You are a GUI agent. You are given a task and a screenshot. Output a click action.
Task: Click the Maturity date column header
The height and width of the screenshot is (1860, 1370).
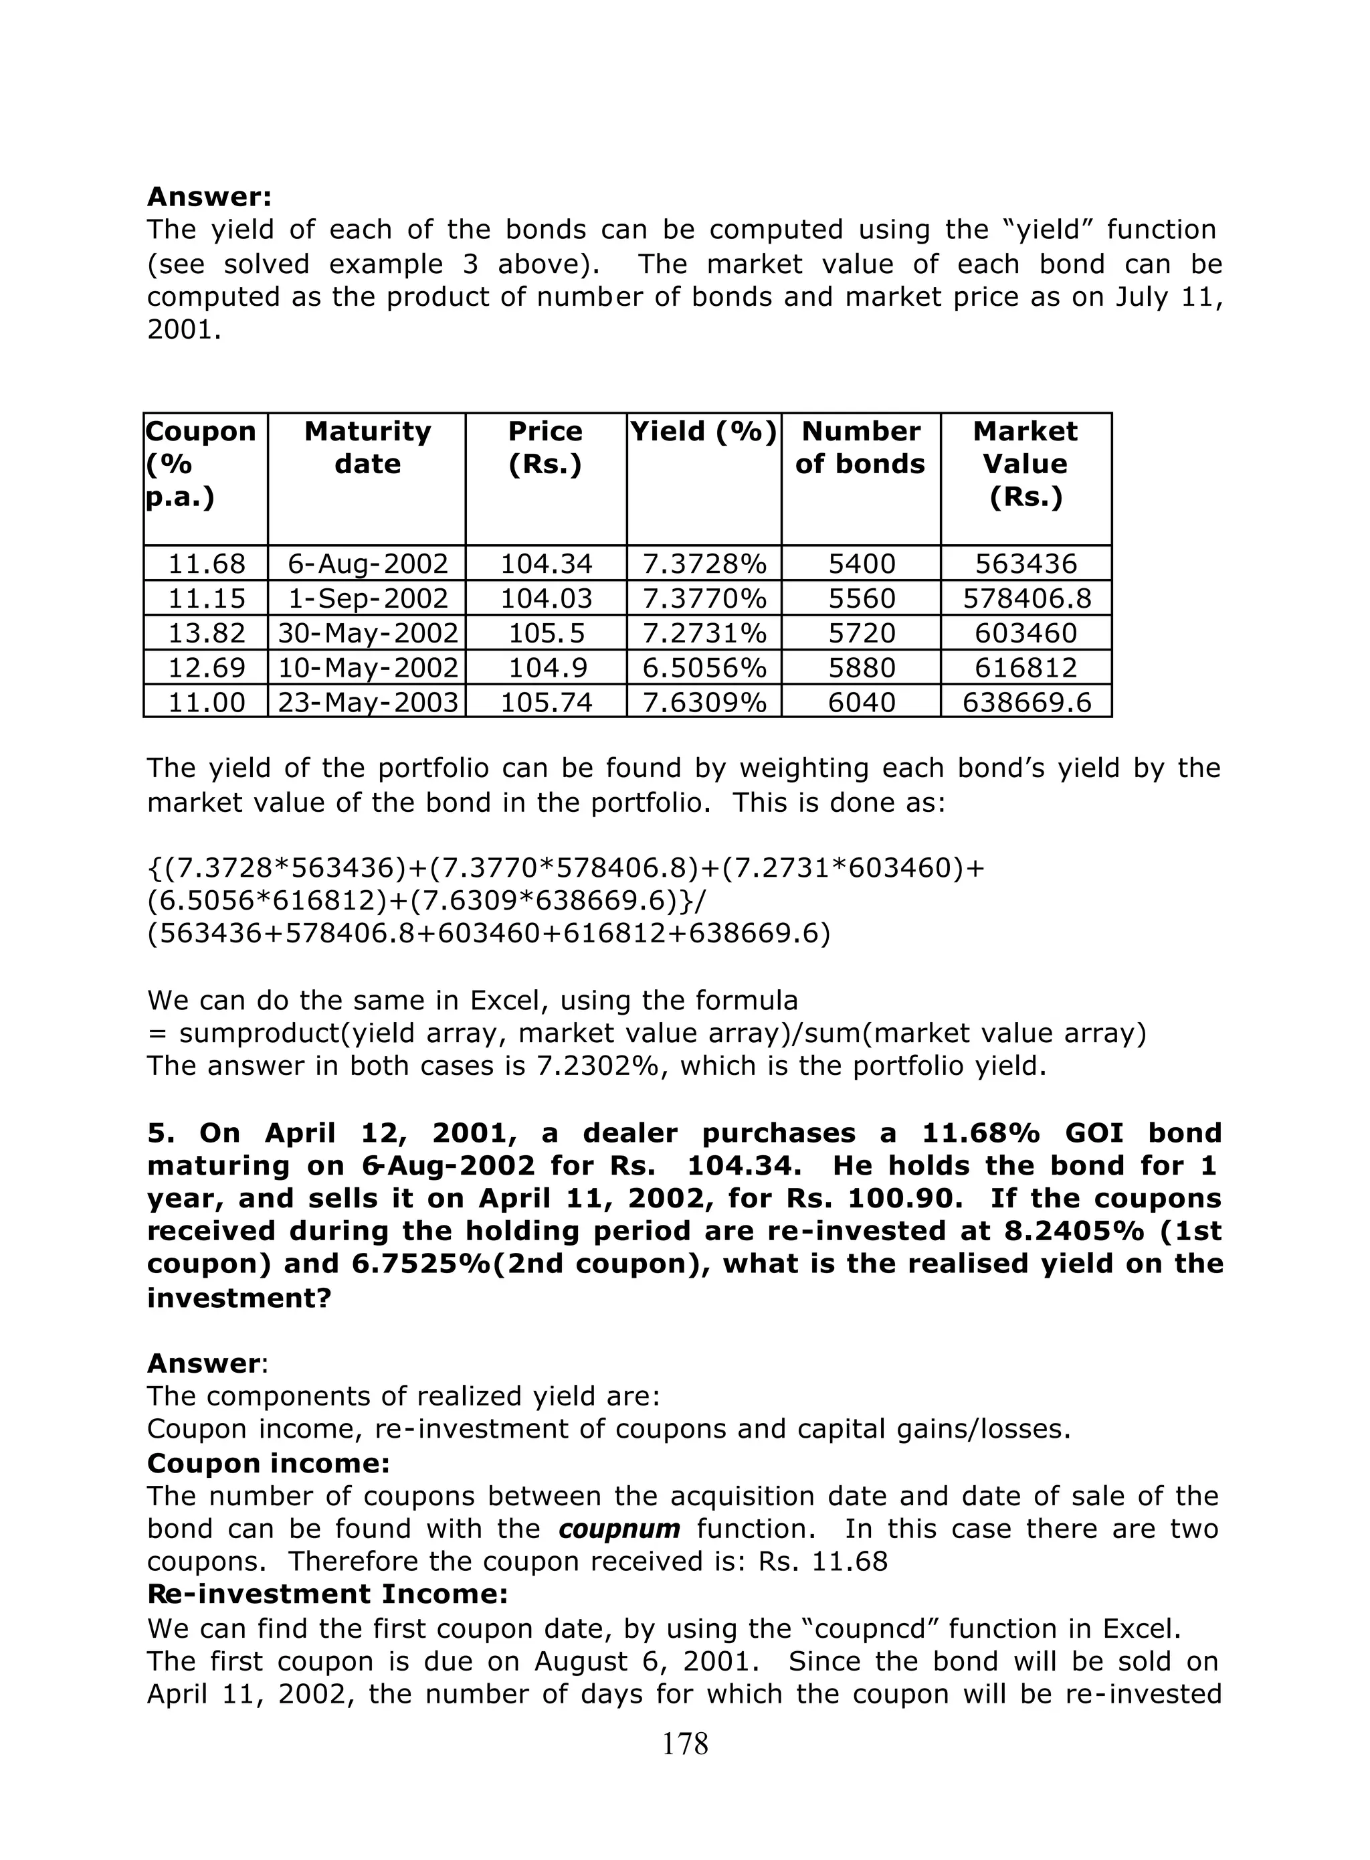[367, 447]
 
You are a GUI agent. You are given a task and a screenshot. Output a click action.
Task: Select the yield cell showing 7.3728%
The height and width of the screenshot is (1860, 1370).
[704, 564]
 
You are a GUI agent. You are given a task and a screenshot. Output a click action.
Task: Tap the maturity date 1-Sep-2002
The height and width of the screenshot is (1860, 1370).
[367, 598]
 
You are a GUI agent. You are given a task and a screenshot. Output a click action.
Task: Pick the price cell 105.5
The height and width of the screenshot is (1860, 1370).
[546, 633]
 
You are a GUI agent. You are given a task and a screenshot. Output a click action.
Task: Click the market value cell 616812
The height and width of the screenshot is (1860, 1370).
[1026, 668]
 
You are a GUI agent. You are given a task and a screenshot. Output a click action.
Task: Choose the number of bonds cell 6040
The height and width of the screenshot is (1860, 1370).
[862, 703]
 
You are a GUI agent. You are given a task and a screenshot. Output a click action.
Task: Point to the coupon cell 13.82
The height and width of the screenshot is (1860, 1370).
[207, 633]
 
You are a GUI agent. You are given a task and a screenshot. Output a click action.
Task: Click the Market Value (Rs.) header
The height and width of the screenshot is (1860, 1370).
[1026, 464]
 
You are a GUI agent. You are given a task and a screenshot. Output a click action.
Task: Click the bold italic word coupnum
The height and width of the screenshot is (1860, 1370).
[619, 1528]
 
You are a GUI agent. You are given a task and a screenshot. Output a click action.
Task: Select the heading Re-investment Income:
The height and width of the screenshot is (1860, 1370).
[326, 1594]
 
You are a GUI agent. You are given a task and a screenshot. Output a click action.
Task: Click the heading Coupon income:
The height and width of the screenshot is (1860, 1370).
[268, 1462]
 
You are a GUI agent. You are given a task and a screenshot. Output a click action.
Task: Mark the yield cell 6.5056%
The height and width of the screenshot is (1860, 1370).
[704, 668]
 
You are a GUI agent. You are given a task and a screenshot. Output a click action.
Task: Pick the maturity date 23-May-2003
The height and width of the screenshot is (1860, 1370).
[367, 703]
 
